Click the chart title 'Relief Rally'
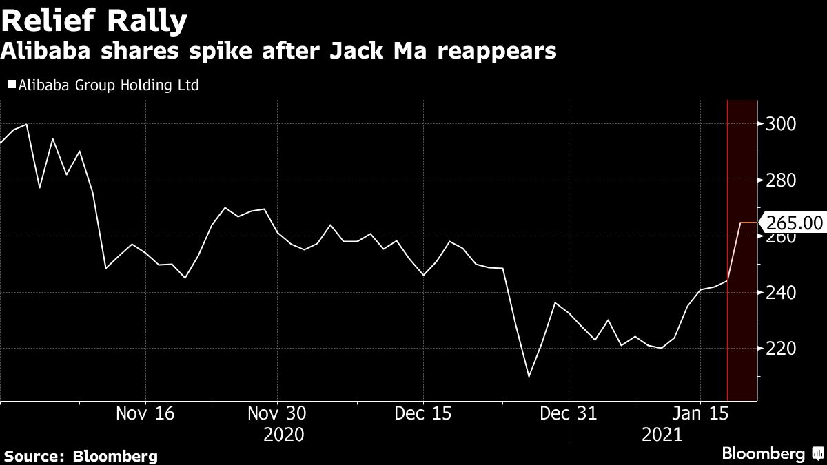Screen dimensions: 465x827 [94, 22]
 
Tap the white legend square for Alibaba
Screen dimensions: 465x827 [11, 85]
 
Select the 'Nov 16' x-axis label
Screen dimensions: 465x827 [145, 413]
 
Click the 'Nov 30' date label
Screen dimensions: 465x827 [276, 413]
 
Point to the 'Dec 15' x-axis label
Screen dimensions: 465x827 [422, 413]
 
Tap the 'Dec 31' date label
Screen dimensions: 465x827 [569, 413]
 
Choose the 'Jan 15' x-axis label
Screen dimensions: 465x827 [700, 413]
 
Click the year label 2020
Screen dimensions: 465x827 [284, 435]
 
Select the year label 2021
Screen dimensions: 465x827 [661, 435]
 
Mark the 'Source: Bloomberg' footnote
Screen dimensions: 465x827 [81, 456]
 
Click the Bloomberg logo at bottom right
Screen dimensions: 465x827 [772, 453]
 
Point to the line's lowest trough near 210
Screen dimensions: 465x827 [529, 376]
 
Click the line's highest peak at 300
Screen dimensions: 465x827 [26, 125]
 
